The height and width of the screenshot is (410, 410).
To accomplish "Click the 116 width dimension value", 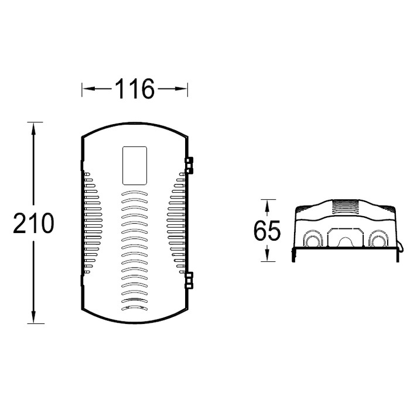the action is tap(135, 88).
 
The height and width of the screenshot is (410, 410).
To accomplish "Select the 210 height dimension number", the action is tap(33, 223).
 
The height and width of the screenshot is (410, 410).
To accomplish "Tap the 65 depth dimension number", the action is tap(267, 230).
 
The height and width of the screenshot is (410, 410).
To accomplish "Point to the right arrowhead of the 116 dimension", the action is tap(181, 88).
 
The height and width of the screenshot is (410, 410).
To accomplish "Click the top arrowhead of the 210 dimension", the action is tap(33, 129).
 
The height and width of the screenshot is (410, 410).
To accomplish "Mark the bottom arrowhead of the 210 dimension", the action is tap(33, 317).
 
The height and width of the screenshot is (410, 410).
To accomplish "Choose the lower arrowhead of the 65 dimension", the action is tap(267, 255).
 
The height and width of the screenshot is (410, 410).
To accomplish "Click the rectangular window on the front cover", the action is tap(135, 166).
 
